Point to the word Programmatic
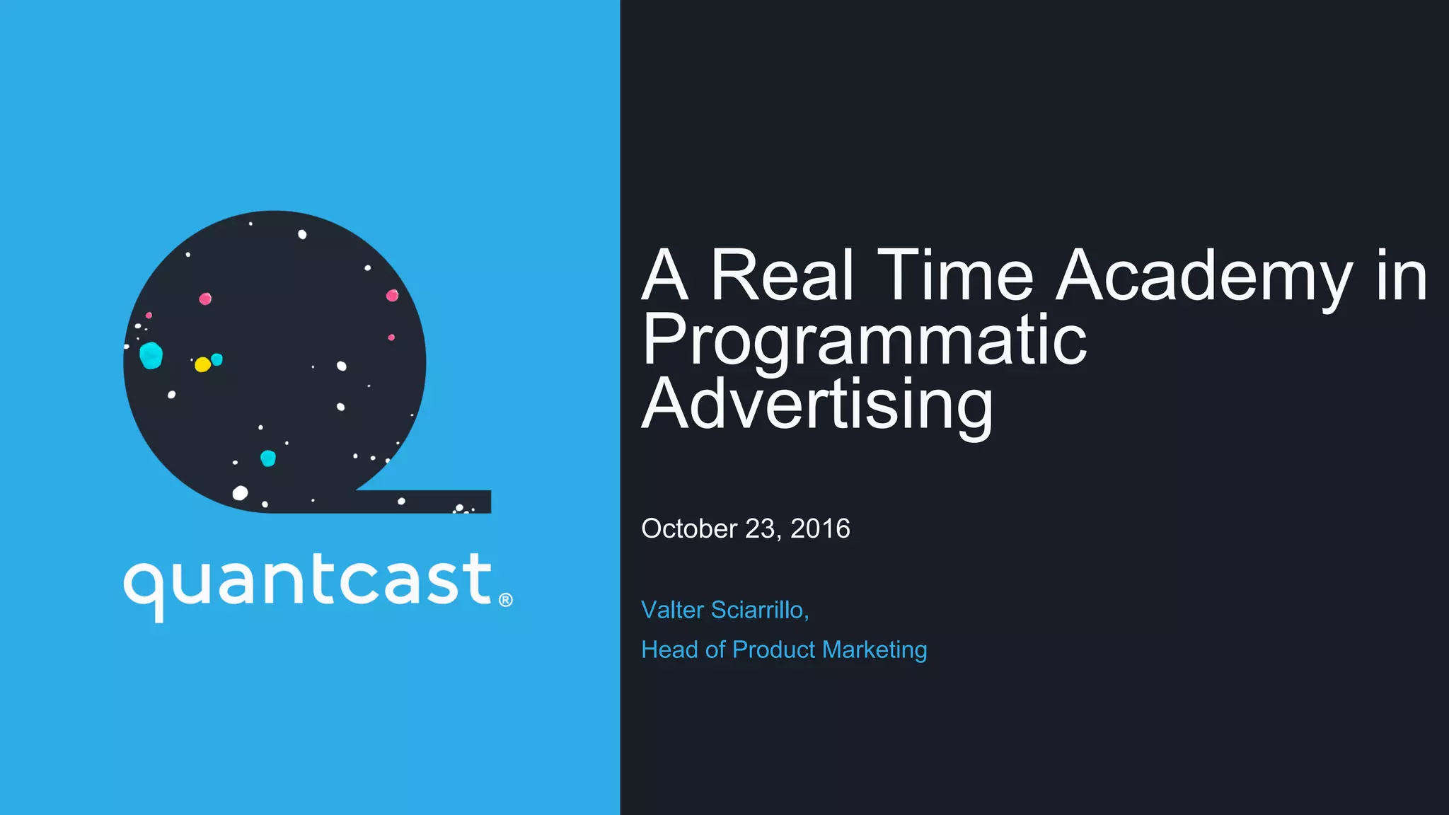click(864, 341)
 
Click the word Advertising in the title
click(817, 405)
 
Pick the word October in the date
click(689, 529)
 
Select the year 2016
click(820, 529)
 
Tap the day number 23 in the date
click(762, 529)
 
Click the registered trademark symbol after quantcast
click(505, 601)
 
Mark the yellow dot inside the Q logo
click(202, 364)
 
